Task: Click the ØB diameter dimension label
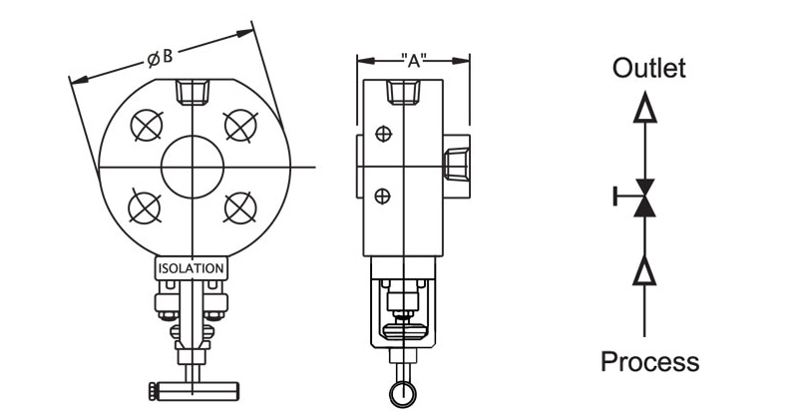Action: [x=160, y=58]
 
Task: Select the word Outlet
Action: [x=648, y=69]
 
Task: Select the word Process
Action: [x=649, y=360]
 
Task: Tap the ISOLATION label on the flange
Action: [x=192, y=268]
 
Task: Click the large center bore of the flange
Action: [x=193, y=166]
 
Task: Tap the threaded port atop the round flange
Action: [x=193, y=95]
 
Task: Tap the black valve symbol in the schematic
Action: [x=645, y=197]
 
